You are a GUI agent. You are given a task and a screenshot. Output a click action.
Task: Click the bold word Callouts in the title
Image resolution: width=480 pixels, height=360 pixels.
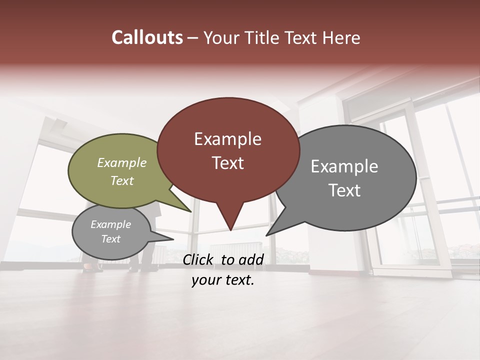pyautogui.click(x=147, y=37)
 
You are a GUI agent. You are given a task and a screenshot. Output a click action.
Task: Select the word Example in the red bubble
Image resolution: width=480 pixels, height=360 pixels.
pyautogui.click(x=227, y=139)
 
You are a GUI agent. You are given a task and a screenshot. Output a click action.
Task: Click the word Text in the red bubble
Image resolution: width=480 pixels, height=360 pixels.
pyautogui.click(x=227, y=163)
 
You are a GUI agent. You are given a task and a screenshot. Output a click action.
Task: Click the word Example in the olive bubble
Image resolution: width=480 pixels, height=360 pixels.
pyautogui.click(x=121, y=162)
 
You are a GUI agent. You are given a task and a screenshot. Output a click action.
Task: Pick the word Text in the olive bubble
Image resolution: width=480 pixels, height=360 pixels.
pyautogui.click(x=121, y=180)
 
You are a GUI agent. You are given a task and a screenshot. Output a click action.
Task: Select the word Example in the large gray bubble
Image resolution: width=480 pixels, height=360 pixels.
pyautogui.click(x=344, y=166)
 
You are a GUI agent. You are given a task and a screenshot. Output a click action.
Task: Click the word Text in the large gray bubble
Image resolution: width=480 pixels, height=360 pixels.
pyautogui.click(x=344, y=190)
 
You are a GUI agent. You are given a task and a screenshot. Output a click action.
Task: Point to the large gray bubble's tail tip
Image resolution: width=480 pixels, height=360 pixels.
pyautogui.click(x=267, y=234)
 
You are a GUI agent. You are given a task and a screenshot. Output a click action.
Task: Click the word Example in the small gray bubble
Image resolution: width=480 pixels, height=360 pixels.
pyautogui.click(x=110, y=224)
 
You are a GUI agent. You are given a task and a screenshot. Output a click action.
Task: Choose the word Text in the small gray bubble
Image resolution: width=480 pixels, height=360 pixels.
pyautogui.click(x=110, y=239)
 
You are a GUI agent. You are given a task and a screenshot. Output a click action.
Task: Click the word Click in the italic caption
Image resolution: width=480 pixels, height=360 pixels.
pyautogui.click(x=199, y=259)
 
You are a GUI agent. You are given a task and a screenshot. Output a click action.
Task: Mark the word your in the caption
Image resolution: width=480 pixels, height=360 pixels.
pyautogui.click(x=205, y=280)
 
